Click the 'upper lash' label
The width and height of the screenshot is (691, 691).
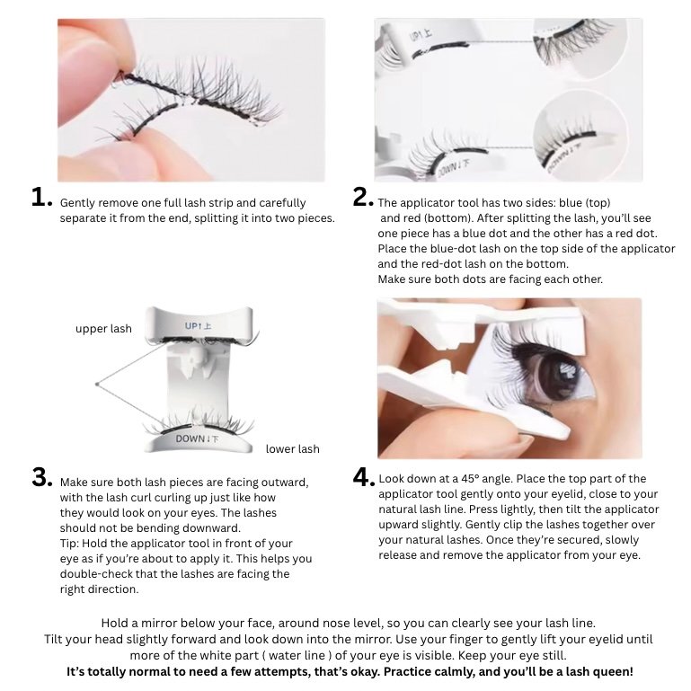pyautogui.click(x=103, y=329)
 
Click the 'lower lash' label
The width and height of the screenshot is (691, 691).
pyautogui.click(x=293, y=449)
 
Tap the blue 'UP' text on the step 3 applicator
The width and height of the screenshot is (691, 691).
pyautogui.click(x=191, y=326)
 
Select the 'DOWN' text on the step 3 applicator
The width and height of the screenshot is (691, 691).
pyautogui.click(x=190, y=439)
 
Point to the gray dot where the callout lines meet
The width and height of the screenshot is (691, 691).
pyautogui.click(x=97, y=385)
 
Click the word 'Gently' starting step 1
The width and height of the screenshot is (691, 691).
pyautogui.click(x=77, y=203)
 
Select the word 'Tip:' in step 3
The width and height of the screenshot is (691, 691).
pyautogui.click(x=69, y=544)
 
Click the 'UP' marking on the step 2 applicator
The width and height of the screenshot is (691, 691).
pyautogui.click(x=421, y=35)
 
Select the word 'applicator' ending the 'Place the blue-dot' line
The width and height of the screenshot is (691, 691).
pyautogui.click(x=648, y=249)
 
